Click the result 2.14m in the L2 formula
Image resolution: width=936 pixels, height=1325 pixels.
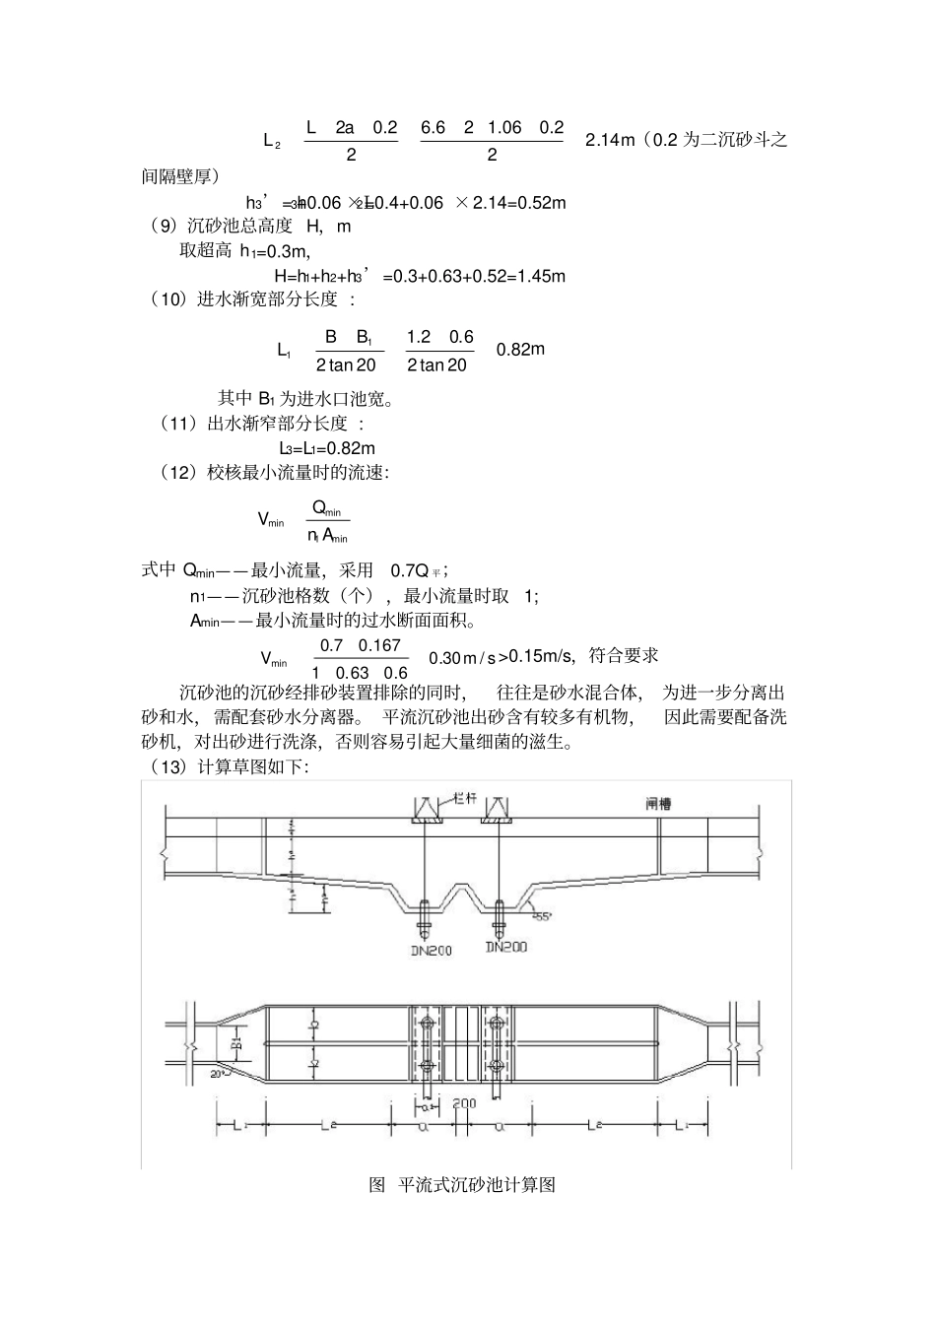point(610,140)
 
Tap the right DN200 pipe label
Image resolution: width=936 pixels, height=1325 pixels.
point(505,947)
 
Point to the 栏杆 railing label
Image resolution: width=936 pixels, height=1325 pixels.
point(463,797)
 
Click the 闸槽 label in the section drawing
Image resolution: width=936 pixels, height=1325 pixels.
point(658,804)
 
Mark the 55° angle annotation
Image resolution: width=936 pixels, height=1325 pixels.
point(542,915)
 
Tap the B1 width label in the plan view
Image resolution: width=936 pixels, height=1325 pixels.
point(236,1042)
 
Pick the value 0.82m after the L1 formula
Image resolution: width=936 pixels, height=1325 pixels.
point(520,350)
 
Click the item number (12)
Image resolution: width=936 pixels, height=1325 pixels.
point(178,474)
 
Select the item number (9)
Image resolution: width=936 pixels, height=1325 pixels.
point(162,227)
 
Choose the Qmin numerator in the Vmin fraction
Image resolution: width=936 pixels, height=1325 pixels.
point(326,508)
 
